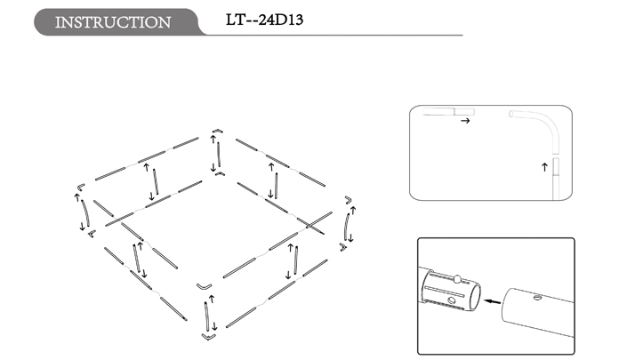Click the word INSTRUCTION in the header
click(113, 22)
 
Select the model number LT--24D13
click(264, 20)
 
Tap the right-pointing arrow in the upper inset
click(465, 121)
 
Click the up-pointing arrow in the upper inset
click(544, 167)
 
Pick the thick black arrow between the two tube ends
click(492, 301)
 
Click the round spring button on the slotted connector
click(456, 278)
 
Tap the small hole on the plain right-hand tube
click(538, 297)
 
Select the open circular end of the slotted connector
click(475, 298)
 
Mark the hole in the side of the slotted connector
click(452, 300)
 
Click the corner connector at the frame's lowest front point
click(209, 337)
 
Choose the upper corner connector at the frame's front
click(205, 286)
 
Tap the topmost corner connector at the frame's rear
click(218, 131)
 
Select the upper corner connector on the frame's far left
click(81, 187)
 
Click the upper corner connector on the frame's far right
click(349, 199)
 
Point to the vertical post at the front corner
click(206, 316)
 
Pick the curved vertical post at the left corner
click(85, 213)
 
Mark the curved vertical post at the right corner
click(346, 227)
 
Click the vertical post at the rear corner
click(218, 155)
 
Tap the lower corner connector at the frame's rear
click(220, 173)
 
